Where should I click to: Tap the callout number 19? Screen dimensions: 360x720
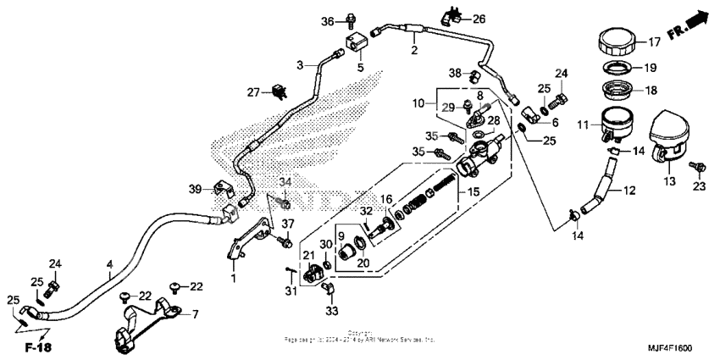click(x=651, y=67)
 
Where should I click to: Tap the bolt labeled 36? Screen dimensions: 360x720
click(x=351, y=19)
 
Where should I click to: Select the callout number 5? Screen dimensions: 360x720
click(x=359, y=68)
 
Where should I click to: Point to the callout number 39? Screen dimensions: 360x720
click(x=195, y=189)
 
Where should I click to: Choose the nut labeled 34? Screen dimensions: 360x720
click(x=285, y=203)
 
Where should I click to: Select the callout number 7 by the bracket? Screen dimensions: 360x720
click(x=195, y=314)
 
